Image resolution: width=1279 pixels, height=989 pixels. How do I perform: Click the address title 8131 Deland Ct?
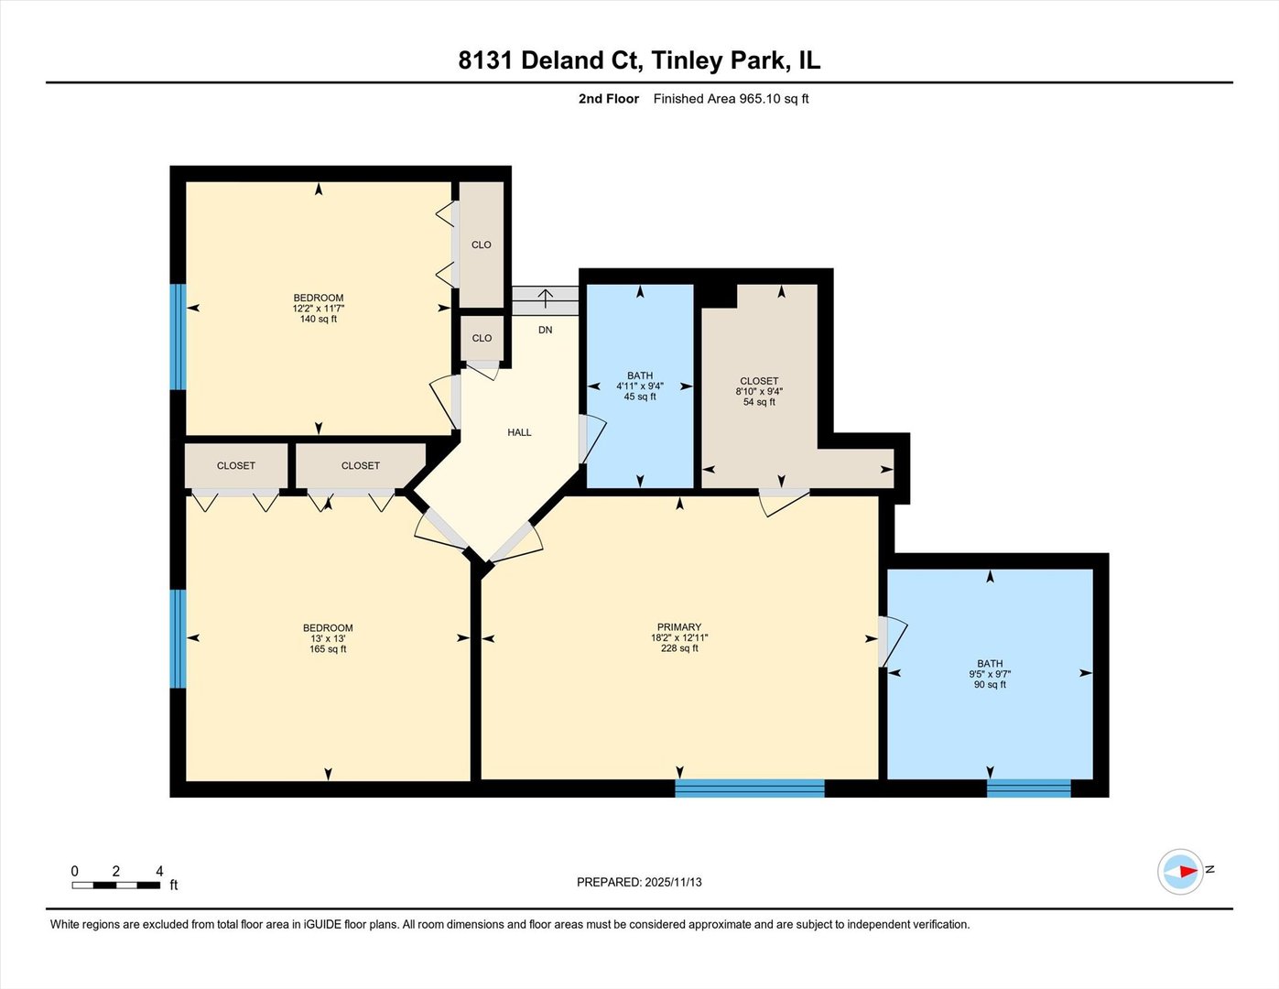click(x=549, y=60)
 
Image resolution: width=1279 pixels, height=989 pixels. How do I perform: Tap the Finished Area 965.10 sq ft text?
click(x=731, y=99)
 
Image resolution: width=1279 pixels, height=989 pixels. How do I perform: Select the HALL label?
click(x=519, y=432)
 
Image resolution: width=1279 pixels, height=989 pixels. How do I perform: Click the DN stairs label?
click(x=545, y=331)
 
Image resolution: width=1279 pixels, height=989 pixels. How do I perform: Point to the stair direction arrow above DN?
click(x=546, y=298)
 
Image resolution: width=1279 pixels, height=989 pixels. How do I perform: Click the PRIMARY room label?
click(x=679, y=627)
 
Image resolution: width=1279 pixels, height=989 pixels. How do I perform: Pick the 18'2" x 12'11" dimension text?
click(x=679, y=637)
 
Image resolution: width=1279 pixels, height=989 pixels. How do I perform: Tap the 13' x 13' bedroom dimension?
click(x=328, y=639)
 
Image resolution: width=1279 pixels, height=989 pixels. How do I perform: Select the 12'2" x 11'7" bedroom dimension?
click(x=319, y=309)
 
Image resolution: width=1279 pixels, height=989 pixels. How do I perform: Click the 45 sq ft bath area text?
click(x=640, y=397)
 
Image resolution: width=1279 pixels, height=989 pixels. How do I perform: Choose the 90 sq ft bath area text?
click(x=990, y=685)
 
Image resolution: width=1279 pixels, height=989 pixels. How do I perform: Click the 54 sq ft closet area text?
click(x=759, y=402)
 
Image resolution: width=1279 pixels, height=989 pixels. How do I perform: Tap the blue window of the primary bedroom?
click(x=749, y=788)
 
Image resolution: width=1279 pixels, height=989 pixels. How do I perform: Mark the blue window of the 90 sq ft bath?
click(x=1028, y=788)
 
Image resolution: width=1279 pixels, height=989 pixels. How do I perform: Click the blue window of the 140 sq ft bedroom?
click(x=178, y=337)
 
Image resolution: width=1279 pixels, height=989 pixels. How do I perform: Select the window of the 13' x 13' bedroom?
click(x=178, y=639)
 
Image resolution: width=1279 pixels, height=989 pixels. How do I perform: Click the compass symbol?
click(x=1180, y=872)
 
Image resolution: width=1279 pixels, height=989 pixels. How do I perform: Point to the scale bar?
click(x=116, y=886)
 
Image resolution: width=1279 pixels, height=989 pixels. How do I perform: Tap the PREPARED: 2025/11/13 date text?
click(x=639, y=883)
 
